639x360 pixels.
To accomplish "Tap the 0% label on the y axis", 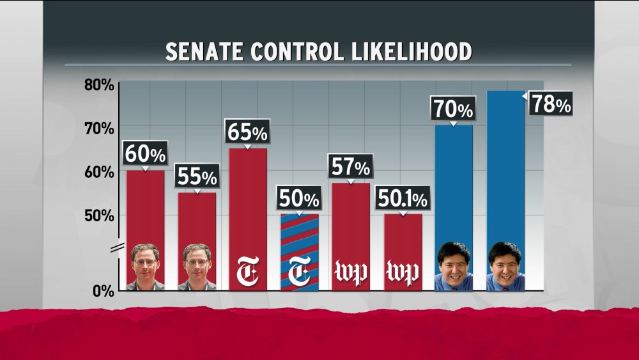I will [x=102, y=291].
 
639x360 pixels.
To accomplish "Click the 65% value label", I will [x=247, y=133].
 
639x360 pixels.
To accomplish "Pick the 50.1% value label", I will [x=403, y=200].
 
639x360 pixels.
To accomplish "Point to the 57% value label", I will [x=350, y=168].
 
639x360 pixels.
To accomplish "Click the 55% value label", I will [x=197, y=176].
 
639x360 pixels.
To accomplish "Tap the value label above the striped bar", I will [x=299, y=200].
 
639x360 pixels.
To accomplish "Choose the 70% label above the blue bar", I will [x=453, y=109].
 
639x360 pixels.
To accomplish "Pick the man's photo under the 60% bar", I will [x=146, y=267].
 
